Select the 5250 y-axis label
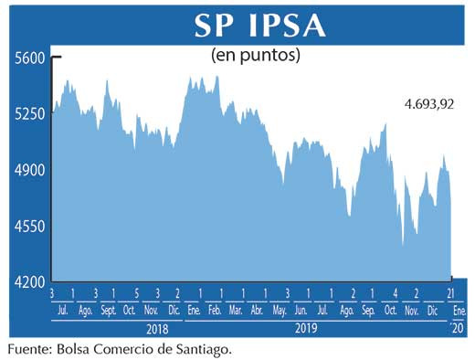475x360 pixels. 30,114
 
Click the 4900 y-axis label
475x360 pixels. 30,170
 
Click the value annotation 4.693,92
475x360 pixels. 429,104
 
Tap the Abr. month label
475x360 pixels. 259,311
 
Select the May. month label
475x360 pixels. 280,311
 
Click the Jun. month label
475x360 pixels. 302,311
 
